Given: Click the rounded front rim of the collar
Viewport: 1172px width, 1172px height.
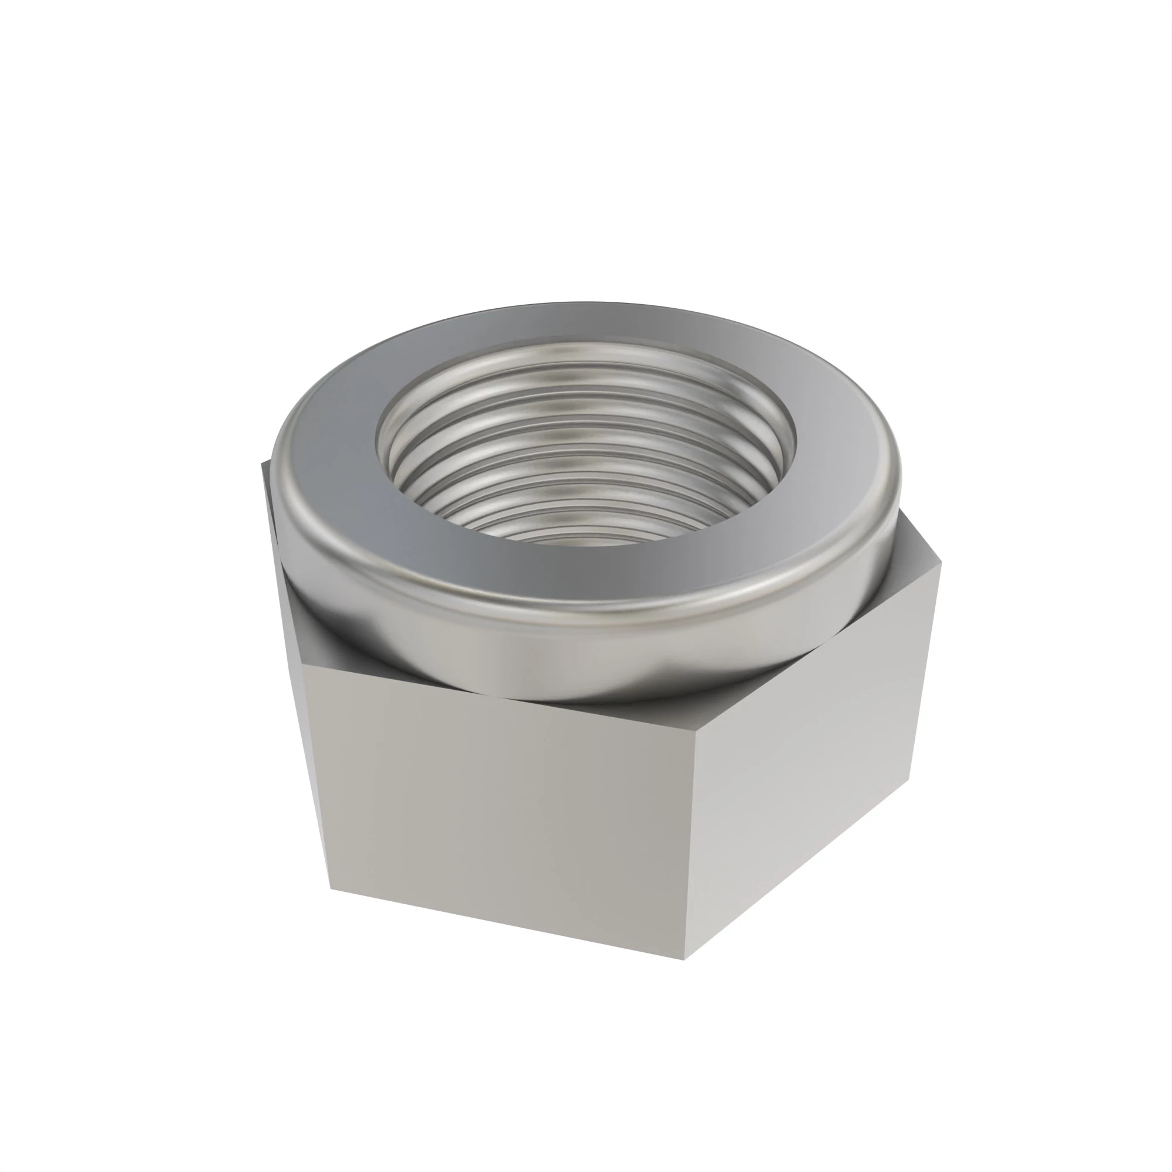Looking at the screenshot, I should (x=582, y=607).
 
